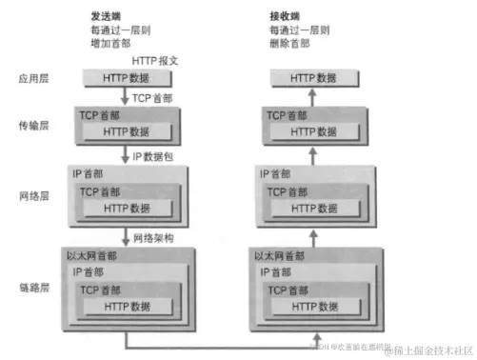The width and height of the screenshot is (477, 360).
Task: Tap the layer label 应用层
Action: pos(34,78)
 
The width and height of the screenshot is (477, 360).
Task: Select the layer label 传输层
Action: pos(34,125)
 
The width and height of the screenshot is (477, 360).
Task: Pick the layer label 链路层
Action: pos(34,288)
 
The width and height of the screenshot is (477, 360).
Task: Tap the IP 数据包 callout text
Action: pos(155,155)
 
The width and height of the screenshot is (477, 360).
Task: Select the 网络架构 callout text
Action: pos(157,237)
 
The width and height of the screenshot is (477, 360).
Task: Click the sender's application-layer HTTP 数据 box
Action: pos(126,78)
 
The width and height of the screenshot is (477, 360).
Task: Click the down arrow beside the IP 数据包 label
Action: pos(126,154)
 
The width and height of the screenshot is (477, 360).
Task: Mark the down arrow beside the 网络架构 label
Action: pos(126,236)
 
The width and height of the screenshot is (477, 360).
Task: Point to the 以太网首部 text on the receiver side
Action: pos(279,256)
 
